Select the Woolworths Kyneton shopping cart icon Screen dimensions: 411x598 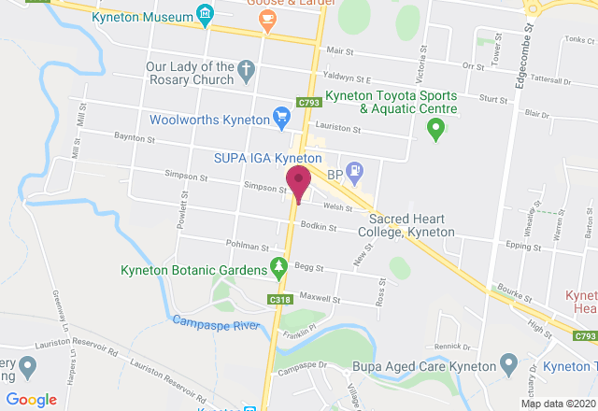[x=281, y=117]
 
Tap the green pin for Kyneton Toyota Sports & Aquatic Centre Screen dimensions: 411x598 [x=434, y=133]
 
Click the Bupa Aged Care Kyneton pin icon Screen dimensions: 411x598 [x=508, y=361]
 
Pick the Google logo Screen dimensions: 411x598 [x=32, y=400]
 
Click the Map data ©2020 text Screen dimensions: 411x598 [x=556, y=404]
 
